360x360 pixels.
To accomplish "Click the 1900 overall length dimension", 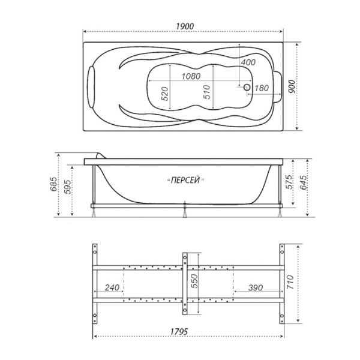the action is (185, 26).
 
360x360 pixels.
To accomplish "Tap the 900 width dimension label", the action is (292, 86).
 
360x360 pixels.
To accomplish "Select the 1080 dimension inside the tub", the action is (191, 76).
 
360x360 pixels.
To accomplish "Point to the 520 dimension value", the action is (164, 94).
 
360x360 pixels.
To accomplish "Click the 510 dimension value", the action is (206, 92).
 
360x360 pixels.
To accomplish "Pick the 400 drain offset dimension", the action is (248, 62).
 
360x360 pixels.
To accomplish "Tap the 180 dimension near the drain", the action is (262, 88).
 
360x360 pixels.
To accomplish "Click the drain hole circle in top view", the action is (247, 87).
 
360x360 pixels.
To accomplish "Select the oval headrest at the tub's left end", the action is (91, 87).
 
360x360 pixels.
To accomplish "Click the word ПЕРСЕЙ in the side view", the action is (185, 180).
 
